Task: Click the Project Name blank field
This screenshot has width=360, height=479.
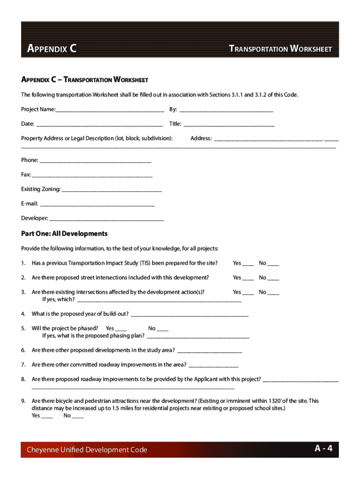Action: pyautogui.click(x=110, y=110)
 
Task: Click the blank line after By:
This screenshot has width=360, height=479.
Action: pyautogui.click(x=226, y=110)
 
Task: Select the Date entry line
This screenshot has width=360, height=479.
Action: pyautogui.click(x=100, y=125)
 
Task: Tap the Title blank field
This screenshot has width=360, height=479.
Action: pyautogui.click(x=229, y=125)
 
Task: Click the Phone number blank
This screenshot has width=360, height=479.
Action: pyautogui.click(x=96, y=161)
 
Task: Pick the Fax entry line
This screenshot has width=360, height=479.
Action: pyautogui.click(x=92, y=175)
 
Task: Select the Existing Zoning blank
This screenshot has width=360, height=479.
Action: pyautogui.click(x=112, y=190)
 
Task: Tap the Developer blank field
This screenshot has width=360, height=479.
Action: pyautogui.click(x=107, y=219)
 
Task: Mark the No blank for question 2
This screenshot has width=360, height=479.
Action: pyautogui.click(x=273, y=278)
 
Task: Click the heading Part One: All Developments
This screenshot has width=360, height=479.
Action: pyautogui.click(x=64, y=233)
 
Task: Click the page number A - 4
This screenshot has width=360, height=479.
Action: pyautogui.click(x=324, y=449)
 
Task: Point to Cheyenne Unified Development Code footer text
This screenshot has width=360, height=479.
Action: pyautogui.click(x=87, y=450)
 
